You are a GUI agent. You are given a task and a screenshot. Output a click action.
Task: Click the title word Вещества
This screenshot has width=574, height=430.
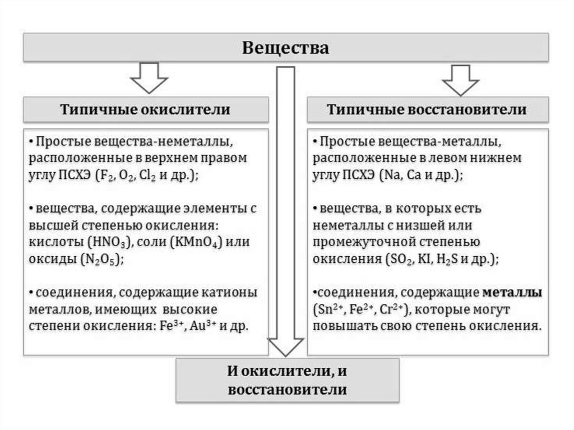[285, 48]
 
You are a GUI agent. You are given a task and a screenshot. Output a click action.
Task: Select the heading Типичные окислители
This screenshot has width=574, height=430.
[145, 109]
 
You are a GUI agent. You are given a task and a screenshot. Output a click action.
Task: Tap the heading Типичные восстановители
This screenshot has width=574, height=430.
[427, 109]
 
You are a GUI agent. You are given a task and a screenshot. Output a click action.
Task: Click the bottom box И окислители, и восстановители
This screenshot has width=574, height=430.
[288, 380]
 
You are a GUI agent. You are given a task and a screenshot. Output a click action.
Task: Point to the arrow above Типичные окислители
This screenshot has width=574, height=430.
[149, 78]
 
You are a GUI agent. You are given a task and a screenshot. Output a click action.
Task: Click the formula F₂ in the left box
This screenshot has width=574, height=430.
[104, 174]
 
